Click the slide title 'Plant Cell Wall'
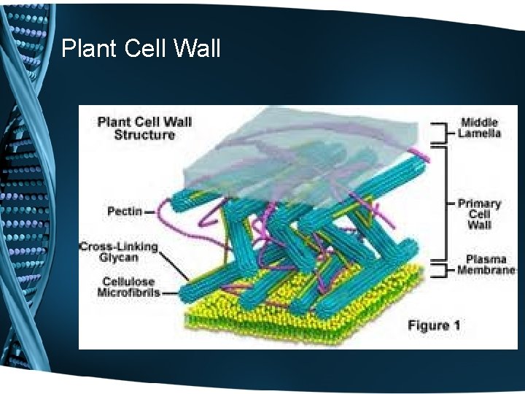tap(141, 49)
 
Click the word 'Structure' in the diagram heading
tap(144, 134)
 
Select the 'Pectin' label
tap(125, 212)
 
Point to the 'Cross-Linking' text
tap(118, 247)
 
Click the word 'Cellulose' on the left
tap(128, 282)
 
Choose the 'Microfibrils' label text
tap(128, 293)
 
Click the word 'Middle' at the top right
tap(479, 123)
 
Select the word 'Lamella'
tap(479, 134)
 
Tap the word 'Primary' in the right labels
tap(479, 204)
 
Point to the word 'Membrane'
tap(486, 271)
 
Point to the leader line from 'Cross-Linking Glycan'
tap(175, 266)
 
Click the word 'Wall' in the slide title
tap(198, 49)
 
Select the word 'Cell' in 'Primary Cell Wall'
tap(479, 215)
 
